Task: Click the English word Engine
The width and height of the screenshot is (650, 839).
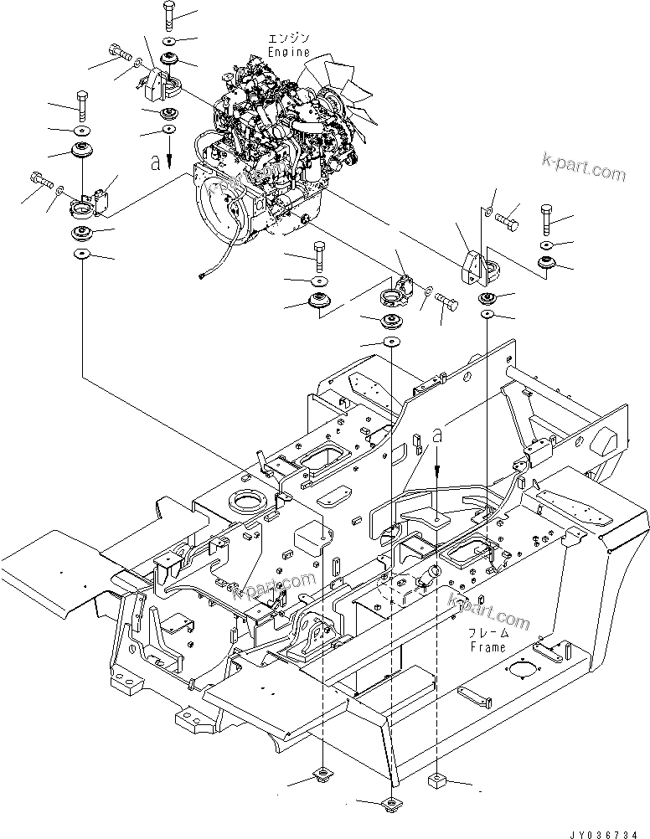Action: pyautogui.click(x=289, y=52)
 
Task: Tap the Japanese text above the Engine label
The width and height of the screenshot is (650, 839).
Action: pyautogui.click(x=289, y=38)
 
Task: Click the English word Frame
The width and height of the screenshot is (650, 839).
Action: pyautogui.click(x=487, y=647)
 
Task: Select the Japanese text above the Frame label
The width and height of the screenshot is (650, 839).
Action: pyautogui.click(x=488, y=634)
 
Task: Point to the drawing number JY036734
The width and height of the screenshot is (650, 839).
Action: pyautogui.click(x=604, y=834)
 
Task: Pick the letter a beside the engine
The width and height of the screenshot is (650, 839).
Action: pyautogui.click(x=155, y=162)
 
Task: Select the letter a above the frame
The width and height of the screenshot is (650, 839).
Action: pyautogui.click(x=437, y=435)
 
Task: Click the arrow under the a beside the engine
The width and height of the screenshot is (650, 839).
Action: pyautogui.click(x=168, y=152)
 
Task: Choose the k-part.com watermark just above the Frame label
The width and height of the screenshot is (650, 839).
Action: pyautogui.click(x=489, y=611)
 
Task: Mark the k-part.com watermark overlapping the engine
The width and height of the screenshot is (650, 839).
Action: pyautogui.click(x=247, y=180)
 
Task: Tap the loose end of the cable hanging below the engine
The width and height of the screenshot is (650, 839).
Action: pyautogui.click(x=202, y=275)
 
